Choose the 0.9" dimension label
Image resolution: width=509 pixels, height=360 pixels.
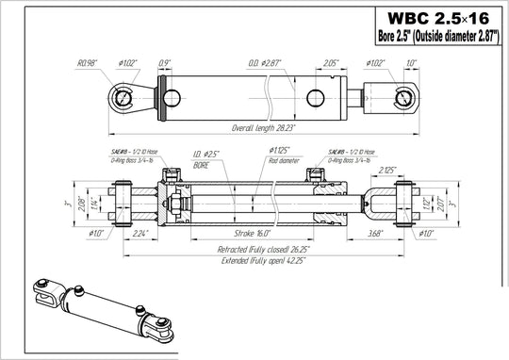coord(165,62)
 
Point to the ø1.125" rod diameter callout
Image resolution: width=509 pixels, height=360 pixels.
coord(282,154)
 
